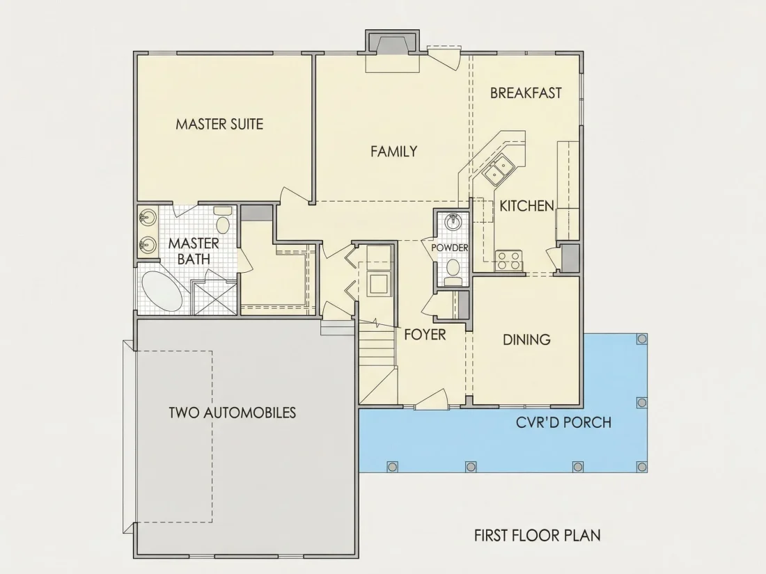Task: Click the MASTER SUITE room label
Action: pos(219,124)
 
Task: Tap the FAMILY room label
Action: pos(393,151)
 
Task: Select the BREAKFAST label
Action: pos(526,93)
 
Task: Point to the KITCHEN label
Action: pos(526,206)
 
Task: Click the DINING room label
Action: pos(526,340)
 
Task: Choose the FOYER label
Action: pos(425,335)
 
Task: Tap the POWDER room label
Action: pos(449,248)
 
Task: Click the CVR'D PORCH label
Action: pos(564,422)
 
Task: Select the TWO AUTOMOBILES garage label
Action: pos(233,413)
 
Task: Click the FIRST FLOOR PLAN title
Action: pos(538,536)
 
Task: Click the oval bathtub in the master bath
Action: pos(162,293)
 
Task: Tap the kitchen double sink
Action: pos(497,169)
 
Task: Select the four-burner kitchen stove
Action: pos(508,260)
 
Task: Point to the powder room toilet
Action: pos(453,271)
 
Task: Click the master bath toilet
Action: pos(224,220)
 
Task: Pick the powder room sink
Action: pos(453,222)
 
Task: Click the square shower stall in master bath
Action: pos(214,298)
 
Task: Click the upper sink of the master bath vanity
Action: pos(147,218)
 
